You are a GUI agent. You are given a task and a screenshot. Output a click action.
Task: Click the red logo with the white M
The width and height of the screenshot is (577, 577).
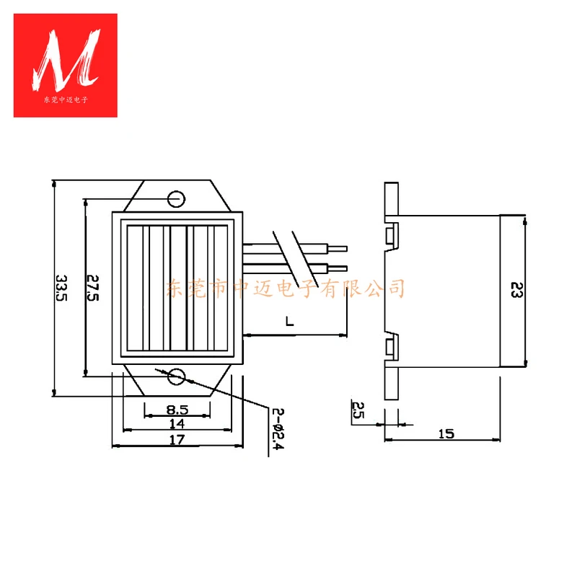(66, 65)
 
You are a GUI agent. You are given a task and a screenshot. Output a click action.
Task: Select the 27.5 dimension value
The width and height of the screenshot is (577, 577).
(92, 288)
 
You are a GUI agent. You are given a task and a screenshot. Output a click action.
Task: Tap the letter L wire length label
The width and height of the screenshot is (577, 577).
(288, 322)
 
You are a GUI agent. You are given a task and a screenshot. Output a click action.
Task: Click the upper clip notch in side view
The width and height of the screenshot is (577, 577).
(390, 235)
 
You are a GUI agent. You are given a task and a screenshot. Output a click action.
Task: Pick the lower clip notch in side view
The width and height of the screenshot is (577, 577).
(390, 347)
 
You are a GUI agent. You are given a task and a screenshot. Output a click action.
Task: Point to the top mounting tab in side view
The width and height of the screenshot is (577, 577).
(390, 198)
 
